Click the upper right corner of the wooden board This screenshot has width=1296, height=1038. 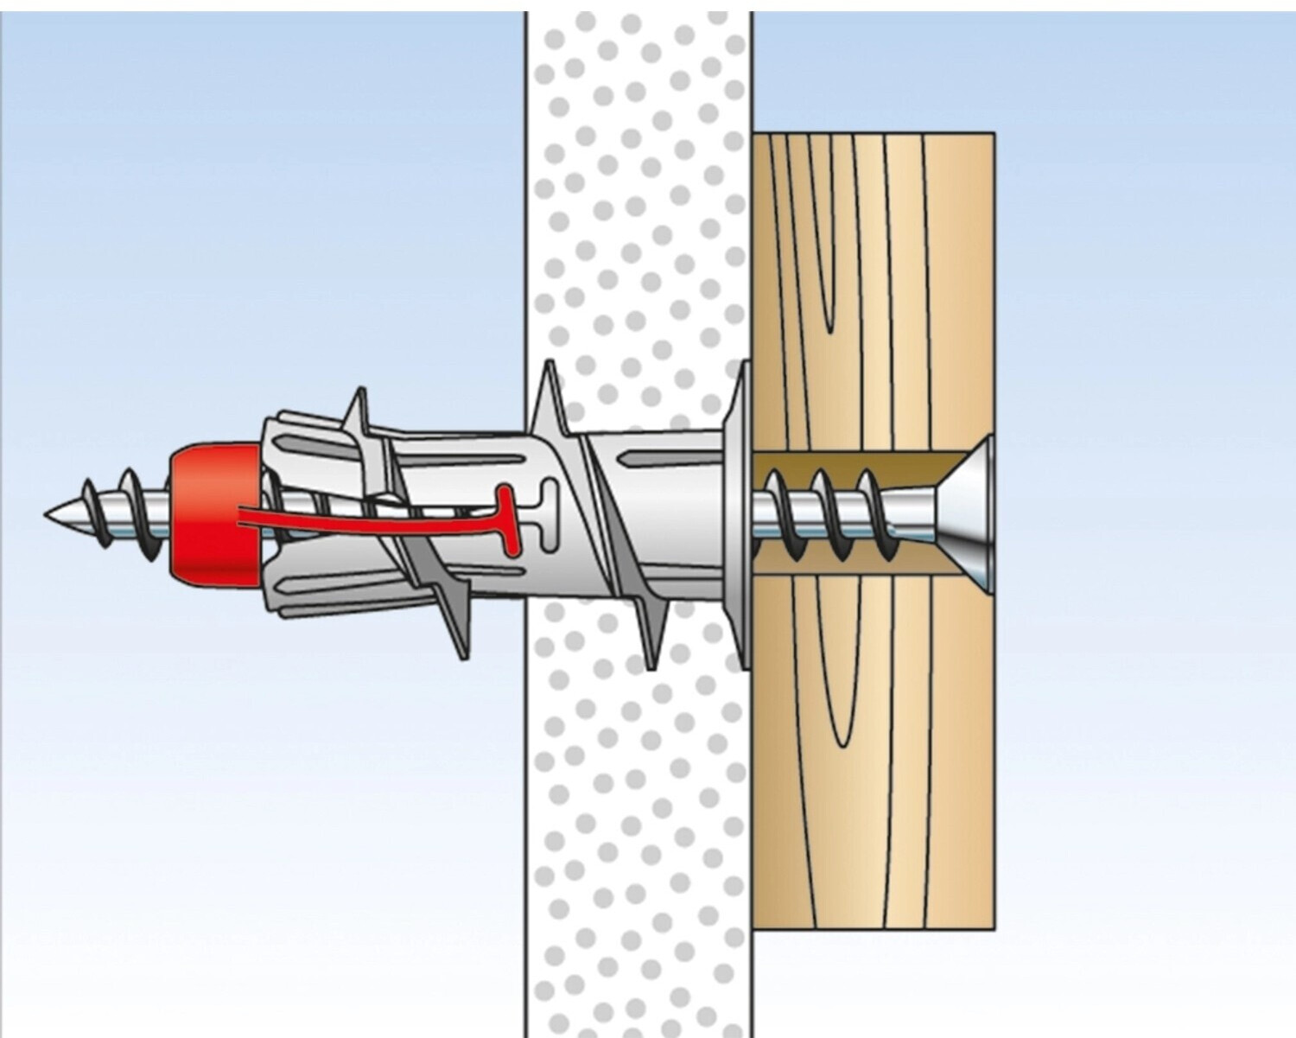992,137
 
